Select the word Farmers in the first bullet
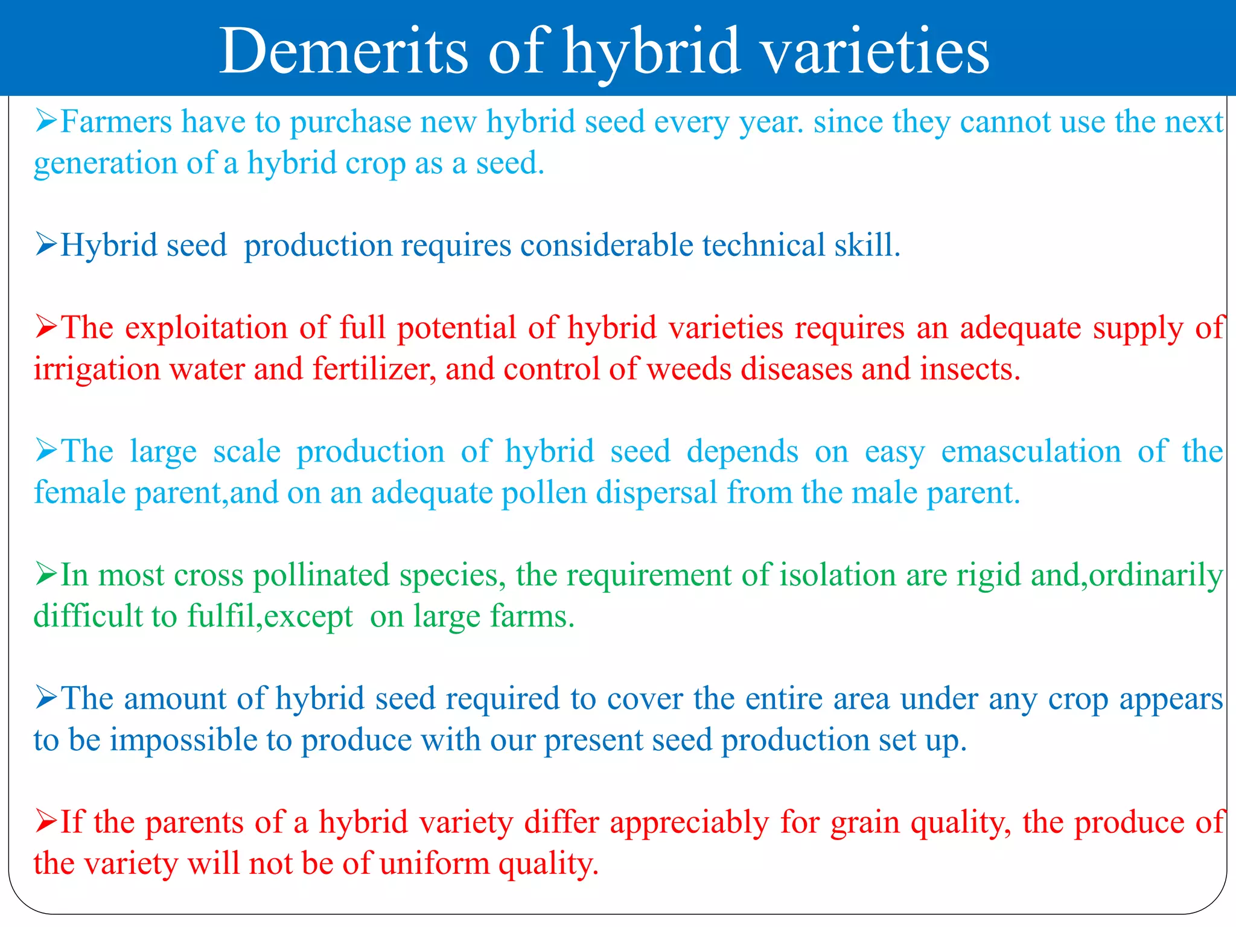click(116, 122)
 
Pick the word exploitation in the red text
click(206, 328)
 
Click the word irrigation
click(97, 369)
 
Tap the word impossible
click(183, 741)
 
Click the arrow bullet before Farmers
click(46, 121)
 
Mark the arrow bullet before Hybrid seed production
click(46, 244)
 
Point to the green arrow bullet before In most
click(46, 574)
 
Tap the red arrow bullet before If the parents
click(46, 821)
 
